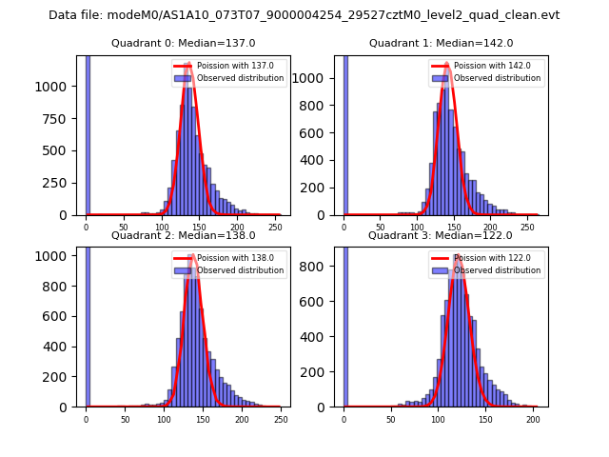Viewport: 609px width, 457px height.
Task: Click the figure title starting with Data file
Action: [304, 15]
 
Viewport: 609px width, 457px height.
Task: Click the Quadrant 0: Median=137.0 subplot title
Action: [184, 43]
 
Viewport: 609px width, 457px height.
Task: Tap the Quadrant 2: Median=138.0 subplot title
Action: [184, 235]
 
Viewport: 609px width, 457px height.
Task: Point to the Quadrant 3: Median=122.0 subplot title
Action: [441, 235]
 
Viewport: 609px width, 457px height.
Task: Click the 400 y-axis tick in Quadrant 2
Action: [64, 347]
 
